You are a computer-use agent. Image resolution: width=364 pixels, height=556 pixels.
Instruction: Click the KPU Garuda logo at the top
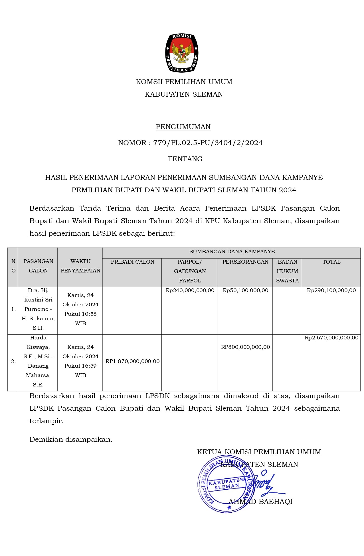click(x=182, y=53)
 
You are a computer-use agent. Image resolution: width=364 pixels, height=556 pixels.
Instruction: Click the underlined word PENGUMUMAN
click(x=183, y=127)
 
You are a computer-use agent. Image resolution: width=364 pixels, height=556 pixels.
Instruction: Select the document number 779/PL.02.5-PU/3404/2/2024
click(x=208, y=143)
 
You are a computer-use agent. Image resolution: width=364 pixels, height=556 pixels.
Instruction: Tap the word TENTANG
click(x=185, y=159)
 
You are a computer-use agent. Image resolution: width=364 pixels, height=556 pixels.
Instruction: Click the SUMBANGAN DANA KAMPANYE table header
click(x=232, y=252)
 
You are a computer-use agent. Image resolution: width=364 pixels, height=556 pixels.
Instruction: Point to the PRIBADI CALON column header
click(x=132, y=262)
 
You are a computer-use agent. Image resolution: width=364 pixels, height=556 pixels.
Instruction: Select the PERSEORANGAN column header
click(x=245, y=262)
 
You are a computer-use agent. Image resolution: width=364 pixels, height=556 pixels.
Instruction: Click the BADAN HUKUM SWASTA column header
click(x=287, y=271)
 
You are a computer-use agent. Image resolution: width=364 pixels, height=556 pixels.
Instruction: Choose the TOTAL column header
click(x=331, y=262)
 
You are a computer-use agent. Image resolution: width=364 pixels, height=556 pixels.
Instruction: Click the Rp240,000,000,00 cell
click(x=190, y=290)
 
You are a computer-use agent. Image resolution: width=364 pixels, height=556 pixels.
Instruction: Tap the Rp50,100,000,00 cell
click(x=245, y=290)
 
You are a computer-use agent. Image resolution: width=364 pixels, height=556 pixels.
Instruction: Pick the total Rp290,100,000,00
click(x=331, y=290)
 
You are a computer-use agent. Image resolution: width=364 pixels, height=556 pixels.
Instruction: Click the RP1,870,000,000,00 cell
click(x=132, y=361)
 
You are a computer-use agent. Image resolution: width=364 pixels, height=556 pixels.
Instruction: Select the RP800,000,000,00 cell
click(x=245, y=347)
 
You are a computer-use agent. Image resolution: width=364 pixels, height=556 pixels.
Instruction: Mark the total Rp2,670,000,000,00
click(x=331, y=338)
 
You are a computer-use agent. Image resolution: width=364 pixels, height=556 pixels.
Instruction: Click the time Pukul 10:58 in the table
click(x=80, y=314)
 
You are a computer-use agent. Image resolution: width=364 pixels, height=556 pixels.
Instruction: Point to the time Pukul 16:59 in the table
click(x=80, y=366)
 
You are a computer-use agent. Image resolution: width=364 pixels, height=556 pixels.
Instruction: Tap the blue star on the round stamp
click(x=229, y=507)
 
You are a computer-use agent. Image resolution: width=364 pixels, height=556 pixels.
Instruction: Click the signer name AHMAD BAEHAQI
click(x=260, y=502)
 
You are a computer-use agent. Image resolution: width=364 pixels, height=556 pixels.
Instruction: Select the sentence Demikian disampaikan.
click(x=71, y=439)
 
